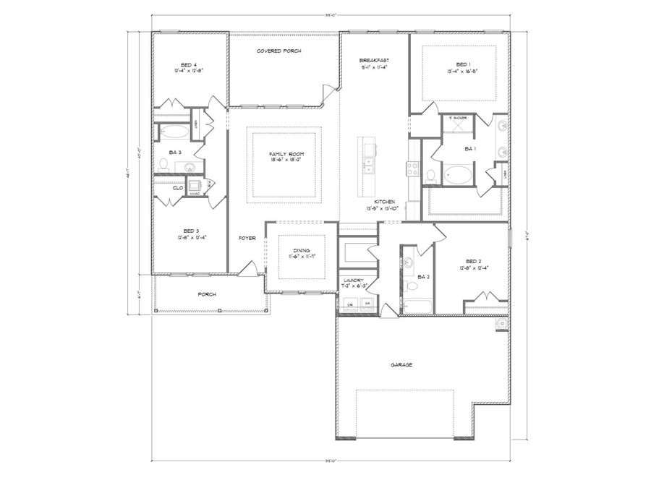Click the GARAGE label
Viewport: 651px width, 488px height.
[401, 365]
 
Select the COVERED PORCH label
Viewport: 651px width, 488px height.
[279, 51]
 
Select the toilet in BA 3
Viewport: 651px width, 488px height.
[163, 166]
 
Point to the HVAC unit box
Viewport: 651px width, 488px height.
[194, 187]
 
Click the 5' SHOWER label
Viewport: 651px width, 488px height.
[458, 117]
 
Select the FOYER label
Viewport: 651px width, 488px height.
[247, 237]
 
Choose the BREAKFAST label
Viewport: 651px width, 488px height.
[375, 60]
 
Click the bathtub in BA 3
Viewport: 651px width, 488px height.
[174, 132]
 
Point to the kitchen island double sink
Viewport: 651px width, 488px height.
[369, 166]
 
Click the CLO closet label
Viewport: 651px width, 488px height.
[177, 188]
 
